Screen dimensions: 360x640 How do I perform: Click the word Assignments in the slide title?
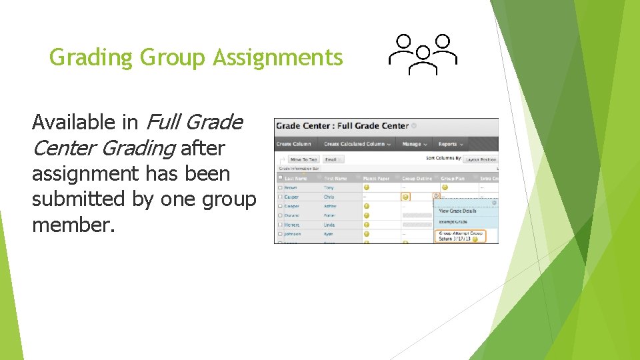click(x=278, y=58)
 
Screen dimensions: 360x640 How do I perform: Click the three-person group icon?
click(x=423, y=54)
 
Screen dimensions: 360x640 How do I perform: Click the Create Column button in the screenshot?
click(x=293, y=144)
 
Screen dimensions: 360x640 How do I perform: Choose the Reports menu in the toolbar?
click(x=450, y=144)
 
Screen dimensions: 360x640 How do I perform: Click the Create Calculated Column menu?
click(x=357, y=144)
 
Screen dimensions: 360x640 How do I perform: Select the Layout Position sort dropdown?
click(x=479, y=159)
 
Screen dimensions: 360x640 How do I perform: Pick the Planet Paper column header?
click(x=377, y=179)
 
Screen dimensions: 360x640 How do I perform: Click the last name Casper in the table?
click(x=291, y=197)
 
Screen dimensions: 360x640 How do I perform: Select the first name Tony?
click(x=329, y=188)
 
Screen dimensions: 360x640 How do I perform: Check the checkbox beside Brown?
click(x=280, y=188)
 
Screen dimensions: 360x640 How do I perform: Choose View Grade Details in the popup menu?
click(x=457, y=211)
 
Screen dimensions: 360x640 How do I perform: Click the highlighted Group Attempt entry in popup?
click(x=460, y=236)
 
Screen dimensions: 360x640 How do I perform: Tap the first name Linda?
click(x=330, y=225)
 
